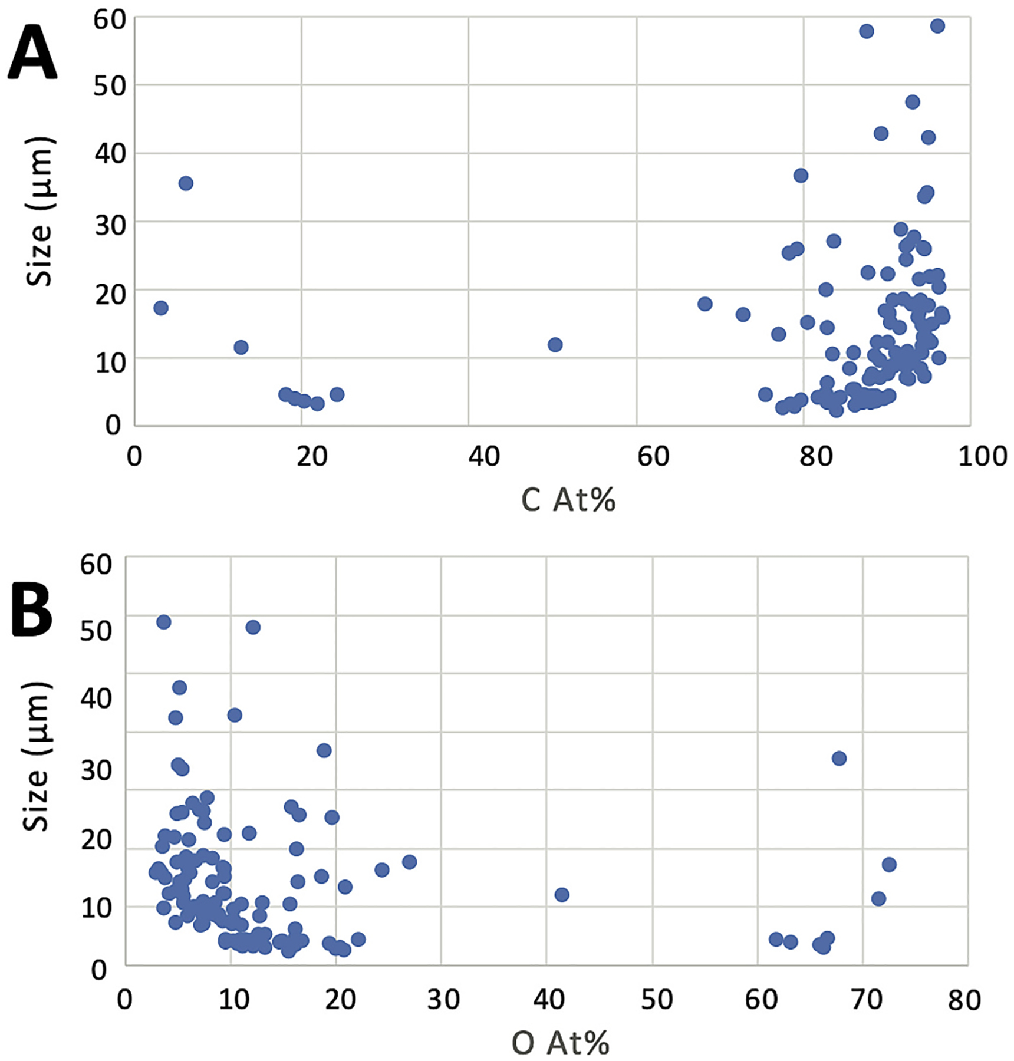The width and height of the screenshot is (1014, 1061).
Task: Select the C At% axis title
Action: click(568, 501)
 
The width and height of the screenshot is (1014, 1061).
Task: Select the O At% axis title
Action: click(560, 1043)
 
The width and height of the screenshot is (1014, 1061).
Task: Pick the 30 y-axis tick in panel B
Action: click(97, 770)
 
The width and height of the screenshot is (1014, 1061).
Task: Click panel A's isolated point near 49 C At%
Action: click(555, 345)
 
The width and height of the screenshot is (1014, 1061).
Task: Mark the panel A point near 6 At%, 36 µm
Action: click(186, 183)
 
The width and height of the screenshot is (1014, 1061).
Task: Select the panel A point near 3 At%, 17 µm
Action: click(161, 308)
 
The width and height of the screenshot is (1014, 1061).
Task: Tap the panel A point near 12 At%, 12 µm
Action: click(241, 347)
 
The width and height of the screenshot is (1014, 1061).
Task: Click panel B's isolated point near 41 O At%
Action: click(561, 895)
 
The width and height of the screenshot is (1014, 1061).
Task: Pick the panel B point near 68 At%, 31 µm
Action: click(839, 759)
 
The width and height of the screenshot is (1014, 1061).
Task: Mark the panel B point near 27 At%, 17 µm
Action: click(409, 862)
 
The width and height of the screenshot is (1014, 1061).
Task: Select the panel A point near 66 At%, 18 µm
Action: click(704, 304)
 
